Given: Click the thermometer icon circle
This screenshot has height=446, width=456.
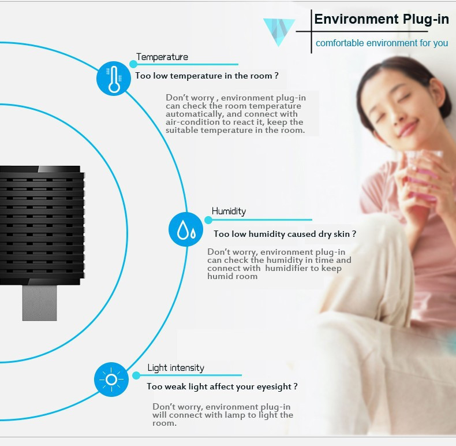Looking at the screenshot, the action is [114, 79].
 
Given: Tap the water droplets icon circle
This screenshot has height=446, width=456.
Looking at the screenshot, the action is [186, 229].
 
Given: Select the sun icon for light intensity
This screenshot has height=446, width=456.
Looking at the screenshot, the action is [111, 380].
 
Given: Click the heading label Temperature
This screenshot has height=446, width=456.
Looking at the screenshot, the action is [162, 57].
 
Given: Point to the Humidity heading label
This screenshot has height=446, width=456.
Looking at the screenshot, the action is [229, 211].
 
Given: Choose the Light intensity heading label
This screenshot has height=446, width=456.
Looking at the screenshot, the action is [175, 367].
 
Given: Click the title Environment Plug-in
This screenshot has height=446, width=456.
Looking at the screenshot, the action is [382, 20].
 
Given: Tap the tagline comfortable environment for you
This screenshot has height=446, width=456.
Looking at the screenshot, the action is [382, 43].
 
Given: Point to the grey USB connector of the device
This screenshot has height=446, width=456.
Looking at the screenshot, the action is [40, 303].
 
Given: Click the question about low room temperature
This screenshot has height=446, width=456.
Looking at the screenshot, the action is [207, 76].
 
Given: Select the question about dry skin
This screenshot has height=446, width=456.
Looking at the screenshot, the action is [285, 234].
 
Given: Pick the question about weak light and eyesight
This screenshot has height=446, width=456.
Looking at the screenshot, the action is [222, 386].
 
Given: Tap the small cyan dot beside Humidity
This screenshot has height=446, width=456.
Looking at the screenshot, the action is [208, 220].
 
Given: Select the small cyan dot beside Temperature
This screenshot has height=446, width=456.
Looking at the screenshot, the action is [133, 64].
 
